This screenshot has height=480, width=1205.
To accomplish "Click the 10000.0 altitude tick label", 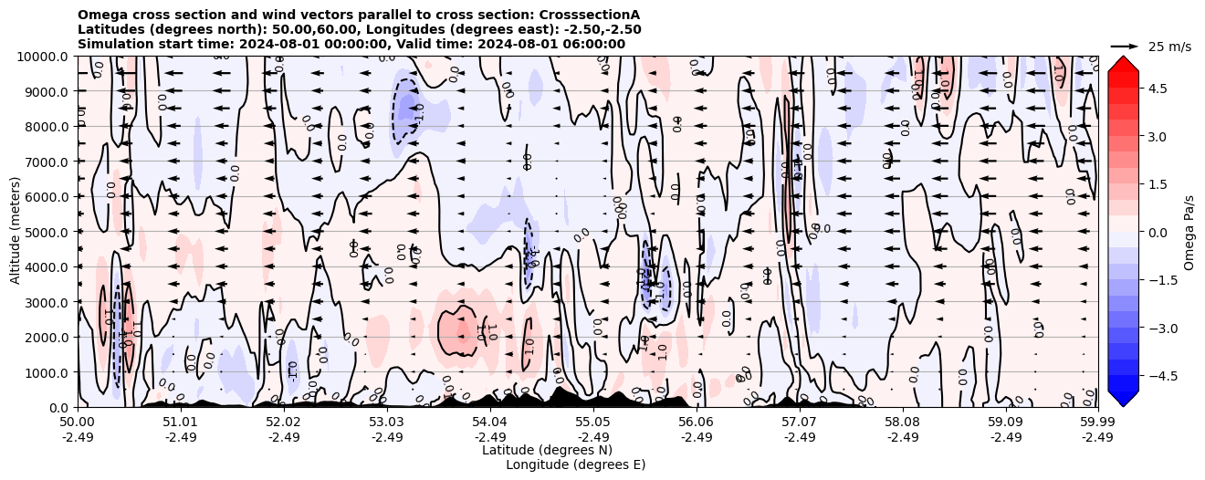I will [x=42, y=57].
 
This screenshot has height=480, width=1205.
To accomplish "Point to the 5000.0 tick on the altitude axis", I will [x=46, y=232].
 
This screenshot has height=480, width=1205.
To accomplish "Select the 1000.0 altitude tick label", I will [x=46, y=372].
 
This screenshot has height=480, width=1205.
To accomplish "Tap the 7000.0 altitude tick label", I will [x=46, y=162].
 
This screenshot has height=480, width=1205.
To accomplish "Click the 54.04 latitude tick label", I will [x=490, y=423].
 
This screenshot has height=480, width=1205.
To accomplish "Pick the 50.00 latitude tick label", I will [x=78, y=423].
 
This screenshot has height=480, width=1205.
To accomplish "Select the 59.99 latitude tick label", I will [x=1097, y=423].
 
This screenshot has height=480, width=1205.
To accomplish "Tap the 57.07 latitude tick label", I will [x=800, y=423].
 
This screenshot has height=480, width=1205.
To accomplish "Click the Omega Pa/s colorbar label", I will [x=1189, y=232].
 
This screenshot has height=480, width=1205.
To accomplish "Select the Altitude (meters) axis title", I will [x=16, y=232].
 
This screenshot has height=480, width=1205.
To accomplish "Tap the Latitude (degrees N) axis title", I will [x=547, y=450].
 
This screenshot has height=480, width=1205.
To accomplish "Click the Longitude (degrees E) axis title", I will [x=575, y=464].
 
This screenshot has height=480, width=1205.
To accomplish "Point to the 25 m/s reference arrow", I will [x=1125, y=46].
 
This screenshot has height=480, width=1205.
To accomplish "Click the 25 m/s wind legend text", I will [x=1169, y=47].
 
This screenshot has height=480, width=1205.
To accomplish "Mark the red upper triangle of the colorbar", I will [x=1124, y=64].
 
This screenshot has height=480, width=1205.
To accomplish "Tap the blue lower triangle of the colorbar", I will [x=1124, y=398].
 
